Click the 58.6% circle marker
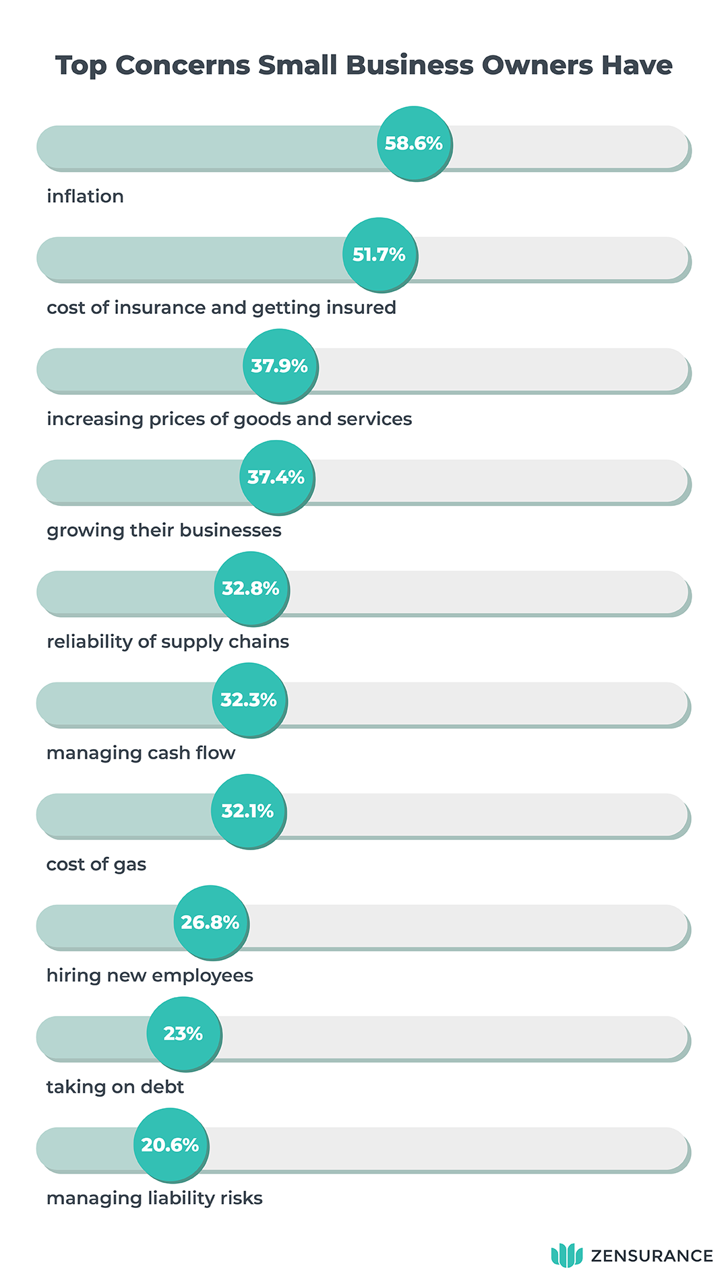click(414, 143)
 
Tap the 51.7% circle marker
click(380, 255)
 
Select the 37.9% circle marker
click(280, 366)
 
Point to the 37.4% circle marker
click(276, 477)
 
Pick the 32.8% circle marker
click(251, 588)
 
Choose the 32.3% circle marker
click(249, 700)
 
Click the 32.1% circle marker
click(248, 811)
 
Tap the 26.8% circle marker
click(210, 922)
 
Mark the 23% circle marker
click(183, 1033)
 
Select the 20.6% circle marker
click(171, 1145)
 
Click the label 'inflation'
click(85, 196)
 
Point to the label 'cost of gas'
click(96, 864)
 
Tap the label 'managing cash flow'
click(140, 753)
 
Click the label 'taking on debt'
click(115, 1087)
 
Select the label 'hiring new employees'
click(150, 975)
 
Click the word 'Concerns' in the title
click(182, 65)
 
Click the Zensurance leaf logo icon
click(566, 1255)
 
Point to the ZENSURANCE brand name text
click(651, 1256)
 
